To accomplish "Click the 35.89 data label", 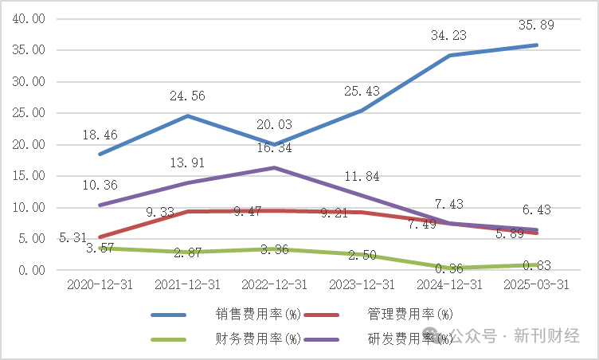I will tap(536, 25).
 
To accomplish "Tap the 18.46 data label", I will tap(100, 135).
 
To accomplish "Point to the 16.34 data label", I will tap(274, 148).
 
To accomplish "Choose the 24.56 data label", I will tap(187, 96).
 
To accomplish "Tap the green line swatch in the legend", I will tap(170, 338).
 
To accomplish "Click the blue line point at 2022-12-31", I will tap(274, 145).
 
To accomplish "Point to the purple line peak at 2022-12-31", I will tap(274, 168).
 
